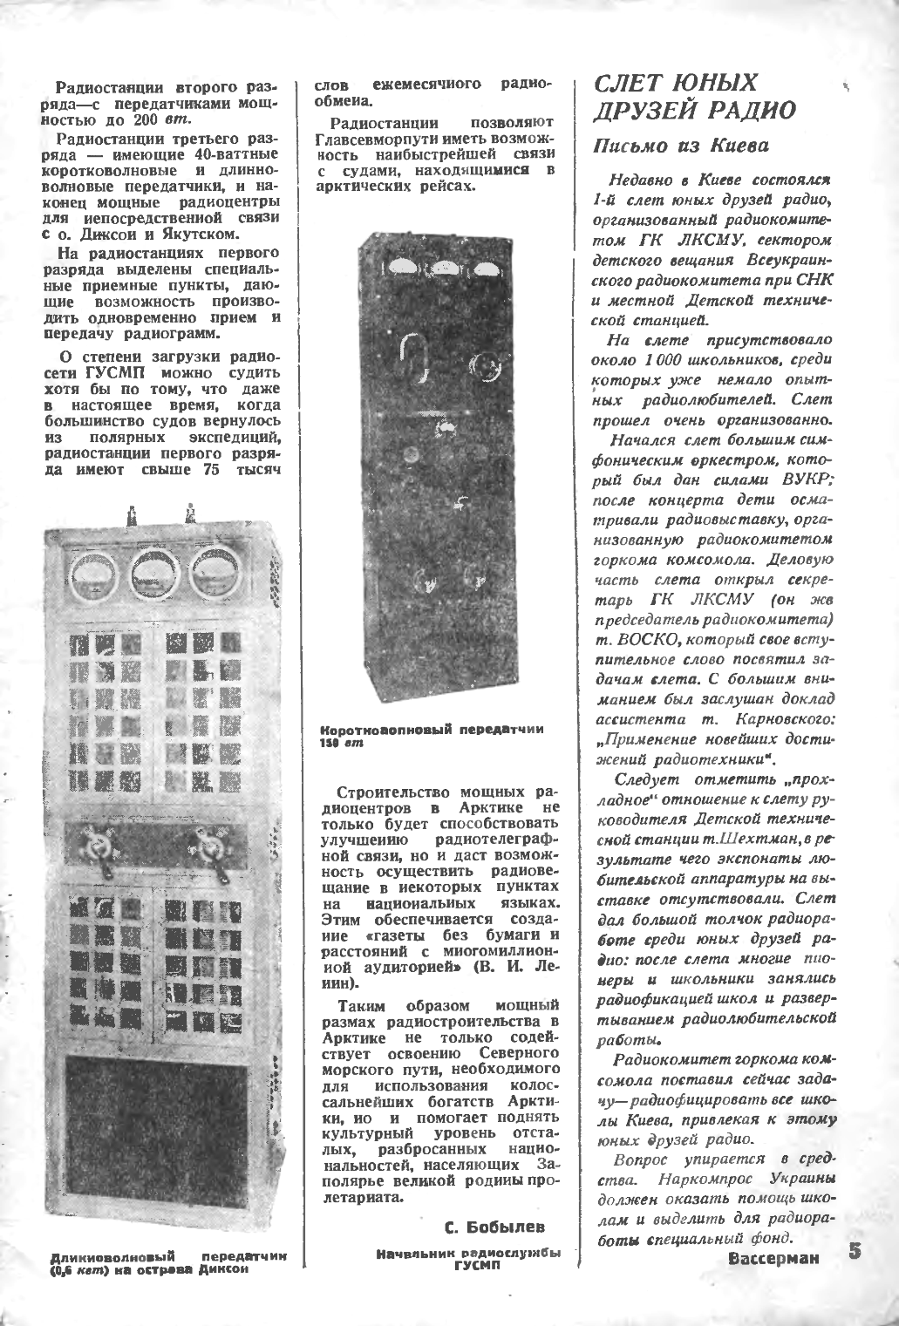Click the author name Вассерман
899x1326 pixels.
click(x=775, y=1260)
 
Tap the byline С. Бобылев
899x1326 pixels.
click(x=494, y=1227)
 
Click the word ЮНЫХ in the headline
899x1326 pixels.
click(x=712, y=83)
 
